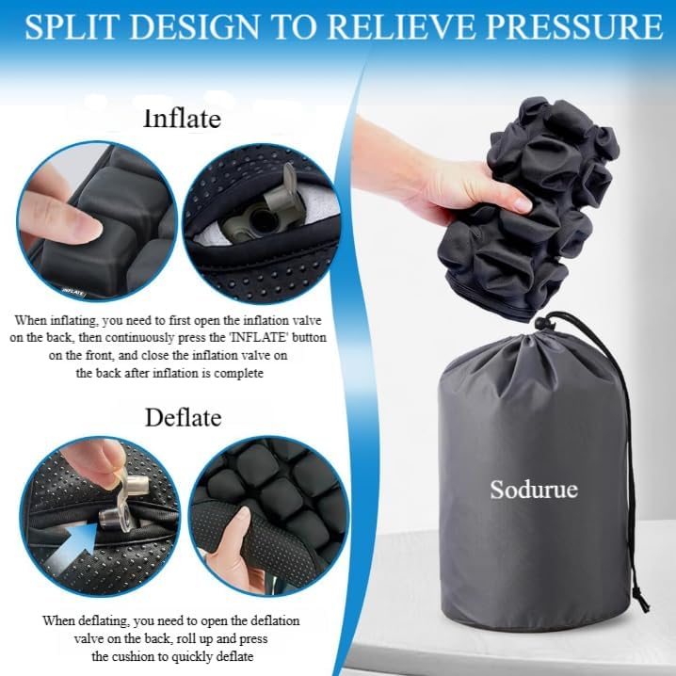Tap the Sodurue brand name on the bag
(x=533, y=490)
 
